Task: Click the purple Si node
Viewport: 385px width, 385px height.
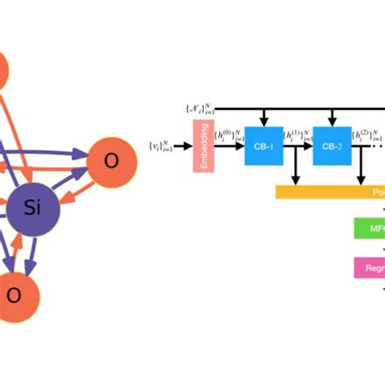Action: click(x=33, y=209)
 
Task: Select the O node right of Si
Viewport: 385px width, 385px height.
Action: click(x=111, y=161)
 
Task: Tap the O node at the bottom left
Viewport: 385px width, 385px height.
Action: click(x=14, y=295)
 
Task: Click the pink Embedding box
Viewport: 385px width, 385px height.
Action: click(x=202, y=146)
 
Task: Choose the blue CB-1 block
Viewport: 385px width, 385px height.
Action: click(x=264, y=146)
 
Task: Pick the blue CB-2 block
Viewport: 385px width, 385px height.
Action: click(x=332, y=146)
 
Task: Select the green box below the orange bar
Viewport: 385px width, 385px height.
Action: click(x=370, y=228)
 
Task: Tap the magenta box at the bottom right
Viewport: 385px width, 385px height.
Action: click(x=370, y=266)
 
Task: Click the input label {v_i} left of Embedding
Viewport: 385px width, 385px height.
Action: click(x=161, y=146)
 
